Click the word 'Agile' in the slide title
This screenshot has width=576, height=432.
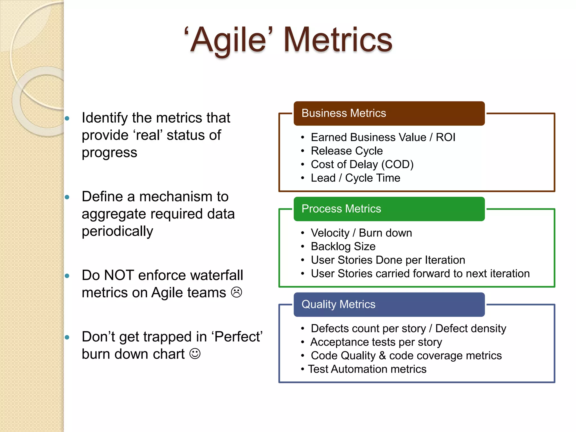pyautogui.click(x=228, y=40)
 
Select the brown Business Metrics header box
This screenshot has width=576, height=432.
pyautogui.click(x=389, y=113)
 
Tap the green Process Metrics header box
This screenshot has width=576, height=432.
pyautogui.click(x=389, y=209)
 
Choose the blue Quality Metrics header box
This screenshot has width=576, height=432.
pyautogui.click(x=389, y=305)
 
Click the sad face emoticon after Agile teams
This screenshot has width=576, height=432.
pyautogui.click(x=237, y=292)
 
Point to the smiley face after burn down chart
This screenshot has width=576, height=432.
pyautogui.click(x=195, y=354)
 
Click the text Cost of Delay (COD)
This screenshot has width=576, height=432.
pyautogui.click(x=362, y=164)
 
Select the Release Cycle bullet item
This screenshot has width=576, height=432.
pyautogui.click(x=346, y=151)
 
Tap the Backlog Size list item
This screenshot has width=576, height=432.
pyautogui.click(x=343, y=246)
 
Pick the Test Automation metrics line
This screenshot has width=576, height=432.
pyautogui.click(x=367, y=369)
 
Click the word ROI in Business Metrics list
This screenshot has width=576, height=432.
pyautogui.click(x=445, y=137)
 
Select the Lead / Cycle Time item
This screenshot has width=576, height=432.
pyautogui.click(x=355, y=178)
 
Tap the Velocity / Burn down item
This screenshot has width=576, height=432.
pyautogui.click(x=361, y=233)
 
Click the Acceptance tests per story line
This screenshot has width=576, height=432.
pyautogui.click(x=376, y=342)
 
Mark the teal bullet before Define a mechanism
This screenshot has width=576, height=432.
pyautogui.click(x=67, y=197)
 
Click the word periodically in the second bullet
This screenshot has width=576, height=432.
pyautogui.click(x=117, y=231)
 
